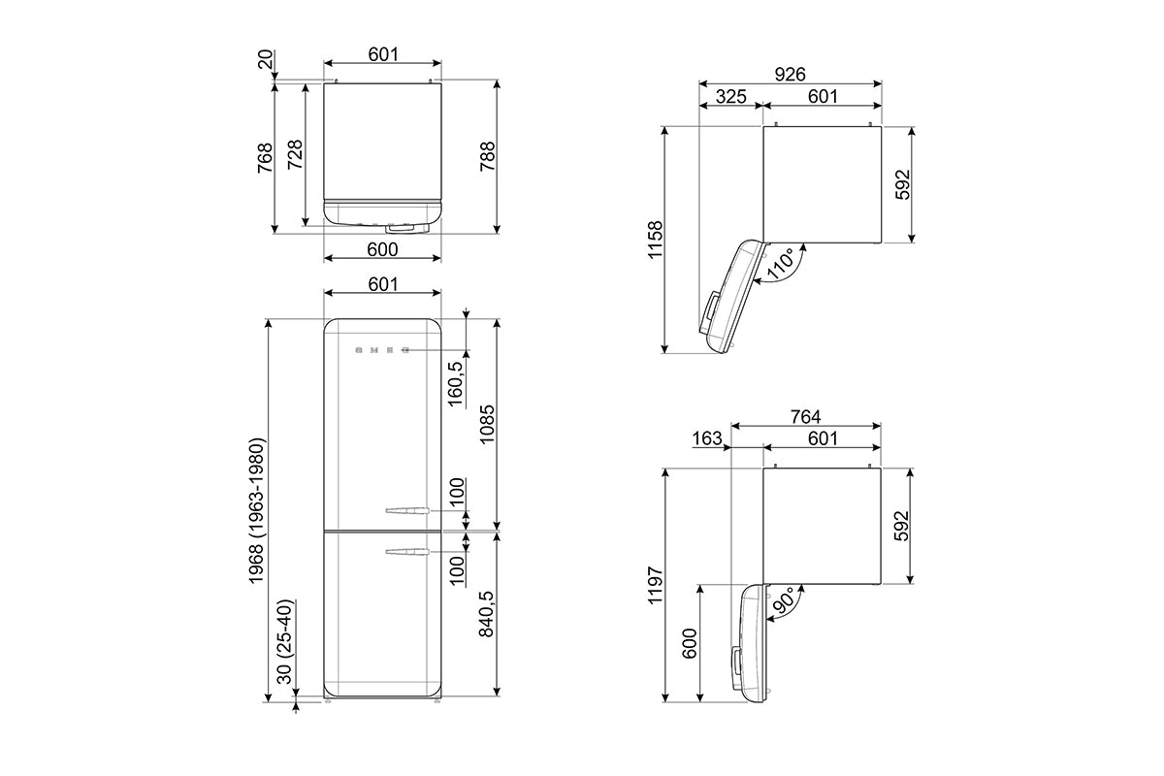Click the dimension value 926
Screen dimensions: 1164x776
pos(790,75)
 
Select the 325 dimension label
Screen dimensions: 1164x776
pos(730,97)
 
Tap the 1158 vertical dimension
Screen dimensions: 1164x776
pos(656,240)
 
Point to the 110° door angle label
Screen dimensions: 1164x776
pos(781,265)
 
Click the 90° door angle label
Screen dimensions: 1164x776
pos(784,601)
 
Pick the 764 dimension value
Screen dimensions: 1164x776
pos(805,417)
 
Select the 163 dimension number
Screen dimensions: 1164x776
pos(707,438)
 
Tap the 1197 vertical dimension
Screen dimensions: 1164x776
pos(656,585)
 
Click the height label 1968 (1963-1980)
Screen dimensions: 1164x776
pos(257,511)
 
